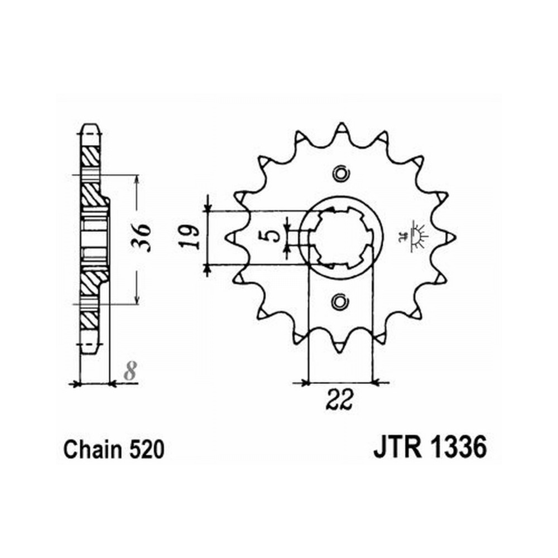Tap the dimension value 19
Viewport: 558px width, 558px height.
(x=189, y=237)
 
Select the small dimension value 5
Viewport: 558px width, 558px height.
(x=273, y=236)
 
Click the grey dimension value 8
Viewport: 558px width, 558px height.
(x=131, y=371)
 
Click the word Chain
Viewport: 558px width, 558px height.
(x=92, y=449)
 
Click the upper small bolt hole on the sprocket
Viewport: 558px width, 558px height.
(x=341, y=174)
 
